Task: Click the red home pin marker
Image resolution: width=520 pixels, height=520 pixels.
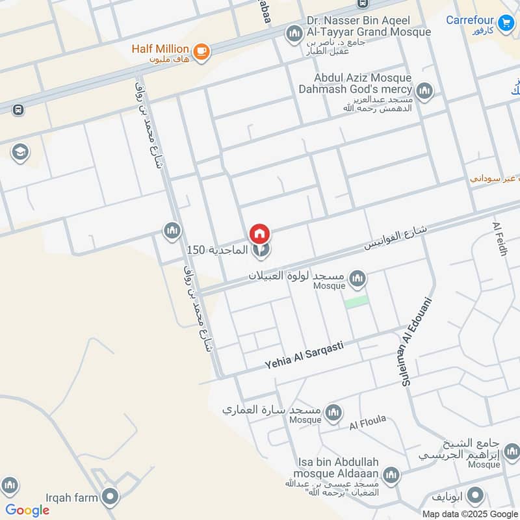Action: pos(260,233)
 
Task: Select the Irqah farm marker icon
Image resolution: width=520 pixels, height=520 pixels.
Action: pos(110,498)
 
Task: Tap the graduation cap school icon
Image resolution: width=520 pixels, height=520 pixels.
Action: pos(20,153)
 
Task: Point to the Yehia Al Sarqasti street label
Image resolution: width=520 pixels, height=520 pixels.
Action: pos(304,356)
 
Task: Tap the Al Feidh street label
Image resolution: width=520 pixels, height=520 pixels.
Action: pos(501,239)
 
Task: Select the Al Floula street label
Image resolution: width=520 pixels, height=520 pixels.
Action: pos(367,423)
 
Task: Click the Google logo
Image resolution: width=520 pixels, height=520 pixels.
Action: pos(27,510)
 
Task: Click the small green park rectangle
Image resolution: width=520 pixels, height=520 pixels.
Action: pos(356,302)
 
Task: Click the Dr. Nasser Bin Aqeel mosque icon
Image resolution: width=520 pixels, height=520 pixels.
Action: pos(294,32)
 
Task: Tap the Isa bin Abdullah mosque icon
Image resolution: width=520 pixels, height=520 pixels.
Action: pos(391,475)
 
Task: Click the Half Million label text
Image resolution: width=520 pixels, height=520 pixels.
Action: pos(160,49)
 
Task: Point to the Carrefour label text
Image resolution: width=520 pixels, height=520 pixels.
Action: pos(469,20)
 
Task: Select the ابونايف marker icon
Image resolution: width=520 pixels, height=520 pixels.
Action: pos(475,496)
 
